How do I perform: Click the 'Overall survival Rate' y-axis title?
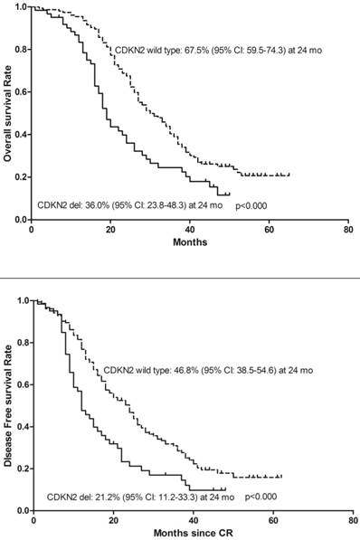click(8, 112)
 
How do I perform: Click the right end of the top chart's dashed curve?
click(289, 174)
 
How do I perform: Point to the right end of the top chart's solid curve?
click(230, 194)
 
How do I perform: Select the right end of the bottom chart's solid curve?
click(224, 488)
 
